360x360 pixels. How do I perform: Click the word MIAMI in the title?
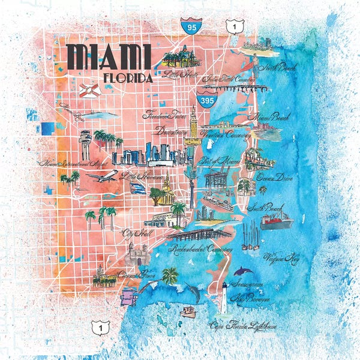tap(109, 57)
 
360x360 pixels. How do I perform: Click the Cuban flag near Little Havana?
tap(137, 188)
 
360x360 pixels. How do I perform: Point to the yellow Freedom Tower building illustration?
tap(191, 127)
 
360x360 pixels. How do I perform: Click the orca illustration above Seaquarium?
tap(243, 272)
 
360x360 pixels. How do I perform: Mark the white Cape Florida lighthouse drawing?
tap(224, 298)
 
